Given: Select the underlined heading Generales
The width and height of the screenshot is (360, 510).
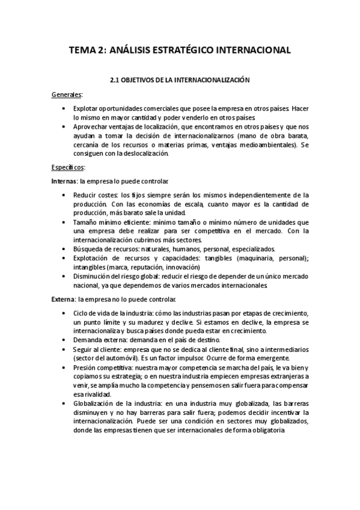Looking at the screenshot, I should click(67, 94).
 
